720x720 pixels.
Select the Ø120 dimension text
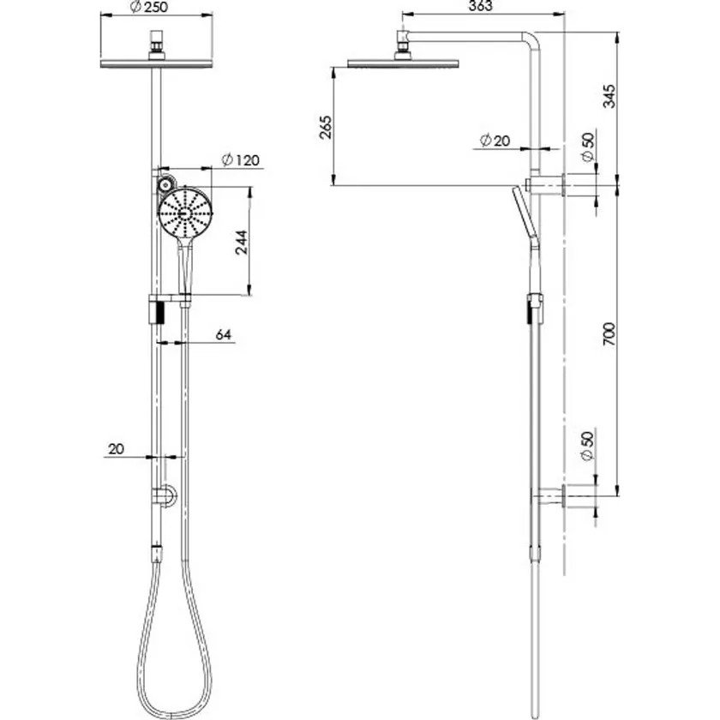[x=240, y=160]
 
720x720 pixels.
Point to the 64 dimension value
[x=223, y=335]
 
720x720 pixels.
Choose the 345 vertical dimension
[x=609, y=95]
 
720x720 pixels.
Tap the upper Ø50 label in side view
[x=588, y=147]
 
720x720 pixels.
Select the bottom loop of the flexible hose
[x=160, y=682]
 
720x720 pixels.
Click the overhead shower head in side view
[x=403, y=62]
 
